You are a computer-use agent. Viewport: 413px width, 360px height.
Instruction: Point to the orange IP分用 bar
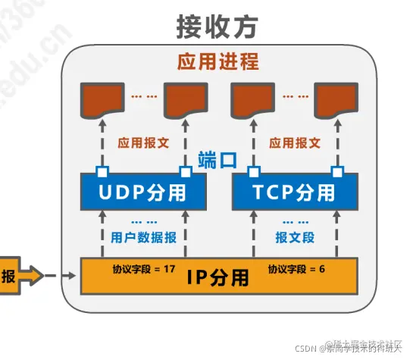217,277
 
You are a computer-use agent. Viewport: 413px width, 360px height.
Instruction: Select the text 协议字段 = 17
145,268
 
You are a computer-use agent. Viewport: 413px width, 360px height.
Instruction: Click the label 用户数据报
143,237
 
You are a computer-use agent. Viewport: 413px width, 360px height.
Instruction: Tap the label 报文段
295,237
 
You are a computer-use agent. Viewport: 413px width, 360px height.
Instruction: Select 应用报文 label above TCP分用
295,142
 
